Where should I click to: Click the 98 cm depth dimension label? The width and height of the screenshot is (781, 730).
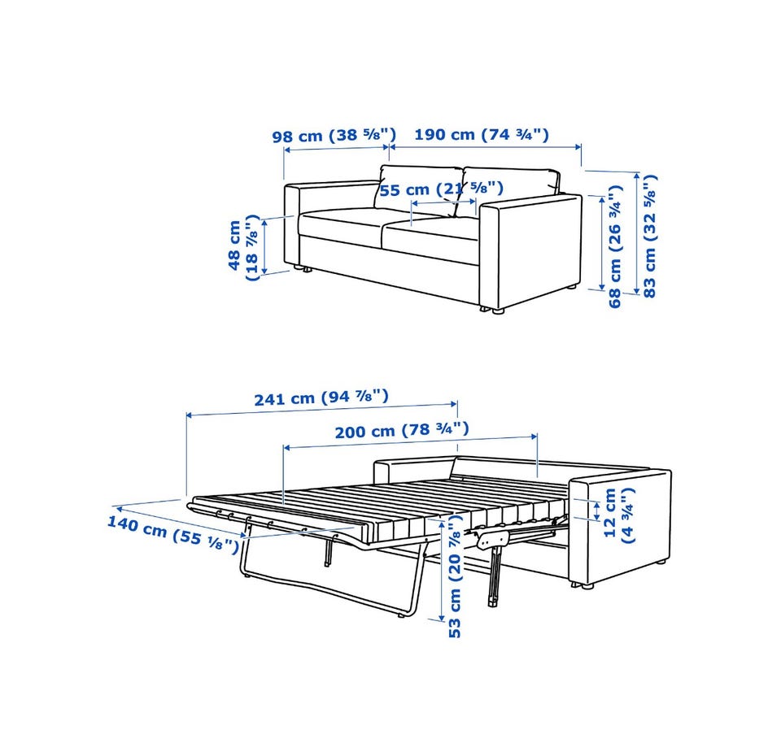pos(334,135)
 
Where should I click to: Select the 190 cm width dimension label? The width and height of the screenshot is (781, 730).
pos(482,134)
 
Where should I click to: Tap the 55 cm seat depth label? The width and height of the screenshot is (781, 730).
pos(441,189)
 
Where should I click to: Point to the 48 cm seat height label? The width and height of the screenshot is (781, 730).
pos(244,247)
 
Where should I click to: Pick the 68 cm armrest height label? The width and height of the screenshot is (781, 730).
pos(616,246)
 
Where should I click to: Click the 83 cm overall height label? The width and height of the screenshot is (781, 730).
pos(650,236)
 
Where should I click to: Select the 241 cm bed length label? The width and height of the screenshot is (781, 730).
pos(321,398)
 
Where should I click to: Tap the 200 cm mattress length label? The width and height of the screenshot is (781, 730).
pos(401,430)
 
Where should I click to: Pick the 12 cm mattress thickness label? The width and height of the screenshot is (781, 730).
pos(619,515)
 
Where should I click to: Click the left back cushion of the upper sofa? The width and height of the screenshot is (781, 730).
pos(419,190)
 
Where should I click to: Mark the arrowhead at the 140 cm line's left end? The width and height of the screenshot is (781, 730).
pos(117,507)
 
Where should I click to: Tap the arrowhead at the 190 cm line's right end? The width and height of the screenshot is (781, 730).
pos(578,147)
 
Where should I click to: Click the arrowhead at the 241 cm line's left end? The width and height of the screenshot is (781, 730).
pos(190,415)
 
